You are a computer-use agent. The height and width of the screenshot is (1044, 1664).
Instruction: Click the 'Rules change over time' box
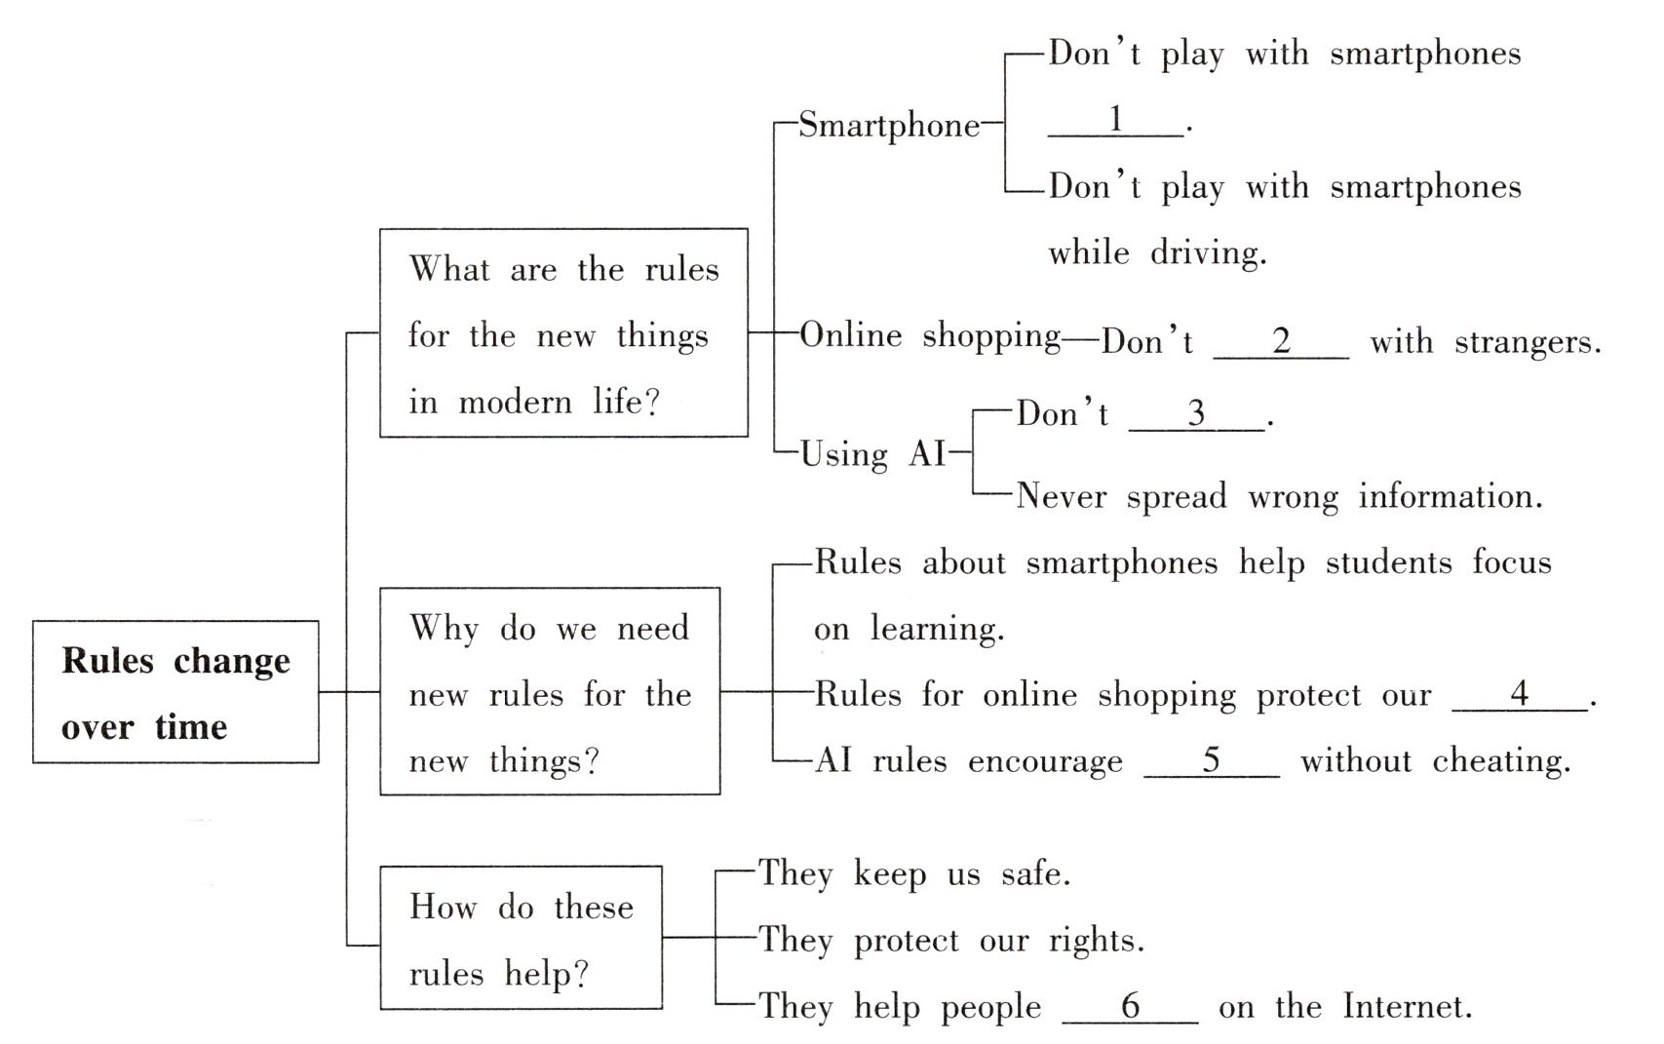[175, 692]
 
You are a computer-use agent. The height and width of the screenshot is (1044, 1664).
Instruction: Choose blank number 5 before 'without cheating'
[1211, 760]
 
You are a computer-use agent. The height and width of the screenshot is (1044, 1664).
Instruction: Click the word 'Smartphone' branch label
[889, 126]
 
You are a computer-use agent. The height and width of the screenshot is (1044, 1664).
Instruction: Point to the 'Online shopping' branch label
[930, 335]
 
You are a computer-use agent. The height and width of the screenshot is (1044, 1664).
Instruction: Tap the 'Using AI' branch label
[872, 454]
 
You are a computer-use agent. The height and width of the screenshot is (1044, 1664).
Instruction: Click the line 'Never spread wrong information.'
[1279, 497]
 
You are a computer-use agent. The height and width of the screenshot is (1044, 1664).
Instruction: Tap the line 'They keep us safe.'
[914, 874]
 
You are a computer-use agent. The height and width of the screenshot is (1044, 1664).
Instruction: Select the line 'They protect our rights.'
[951, 941]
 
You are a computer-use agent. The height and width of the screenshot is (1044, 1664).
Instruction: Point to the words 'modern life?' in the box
[559, 403]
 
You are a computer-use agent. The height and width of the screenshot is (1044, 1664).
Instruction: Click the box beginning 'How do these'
[521, 938]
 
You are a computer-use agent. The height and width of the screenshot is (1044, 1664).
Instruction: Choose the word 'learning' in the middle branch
[936, 629]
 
